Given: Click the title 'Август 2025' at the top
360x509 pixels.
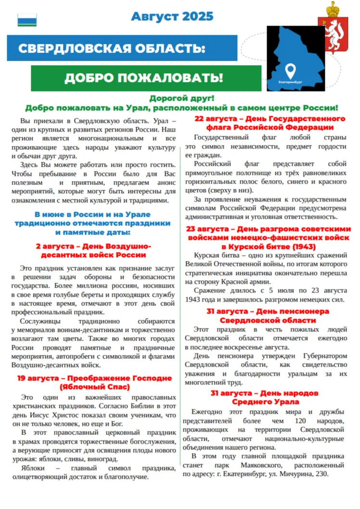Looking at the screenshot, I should point(172,16).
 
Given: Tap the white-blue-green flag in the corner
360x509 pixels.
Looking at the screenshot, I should point(27,20).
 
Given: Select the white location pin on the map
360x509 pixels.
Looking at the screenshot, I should point(290,71).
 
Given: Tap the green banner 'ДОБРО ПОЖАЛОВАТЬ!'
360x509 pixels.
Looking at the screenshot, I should point(143,78).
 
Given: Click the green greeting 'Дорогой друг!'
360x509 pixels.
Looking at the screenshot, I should point(181,98).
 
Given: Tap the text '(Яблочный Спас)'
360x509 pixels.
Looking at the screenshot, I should point(95,387).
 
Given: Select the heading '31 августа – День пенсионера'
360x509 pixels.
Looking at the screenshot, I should point(268,312).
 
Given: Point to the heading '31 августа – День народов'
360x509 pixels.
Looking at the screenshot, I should point(265,393).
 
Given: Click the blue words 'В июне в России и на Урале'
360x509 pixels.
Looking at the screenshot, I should point(92,214).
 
